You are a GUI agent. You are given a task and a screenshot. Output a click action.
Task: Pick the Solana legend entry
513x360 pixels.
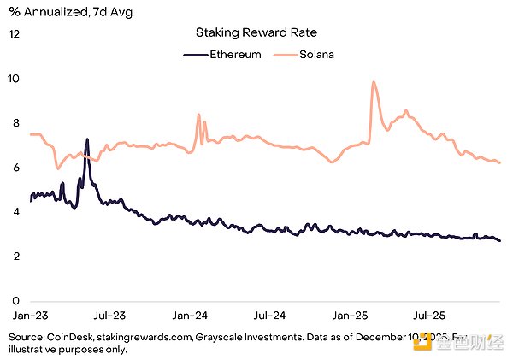[308, 55]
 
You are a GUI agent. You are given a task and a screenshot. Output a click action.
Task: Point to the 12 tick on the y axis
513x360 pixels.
[15, 34]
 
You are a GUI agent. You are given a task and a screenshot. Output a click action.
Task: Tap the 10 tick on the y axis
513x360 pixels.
[15, 79]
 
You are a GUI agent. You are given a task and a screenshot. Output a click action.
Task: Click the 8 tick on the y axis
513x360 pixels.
[15, 123]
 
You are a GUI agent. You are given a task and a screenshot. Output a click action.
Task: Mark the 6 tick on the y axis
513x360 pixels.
[15, 168]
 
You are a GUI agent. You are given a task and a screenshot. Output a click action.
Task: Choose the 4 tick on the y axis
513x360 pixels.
[15, 212]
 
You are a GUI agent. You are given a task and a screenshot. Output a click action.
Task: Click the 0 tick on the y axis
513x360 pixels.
[15, 301]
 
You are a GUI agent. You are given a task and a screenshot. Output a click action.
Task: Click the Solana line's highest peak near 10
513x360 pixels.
[374, 82]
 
